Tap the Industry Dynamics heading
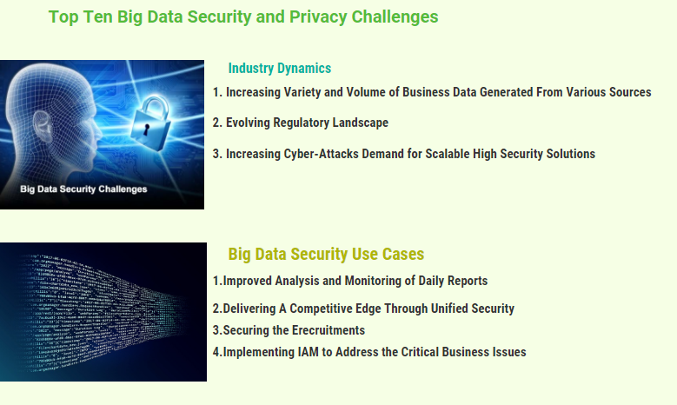tap(279, 68)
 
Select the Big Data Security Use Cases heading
tap(326, 254)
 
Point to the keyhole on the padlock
tap(146, 129)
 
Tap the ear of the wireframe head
tap(43, 129)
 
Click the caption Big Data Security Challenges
tap(83, 189)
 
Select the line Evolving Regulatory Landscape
tap(307, 123)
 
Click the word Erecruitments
tap(329, 330)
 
